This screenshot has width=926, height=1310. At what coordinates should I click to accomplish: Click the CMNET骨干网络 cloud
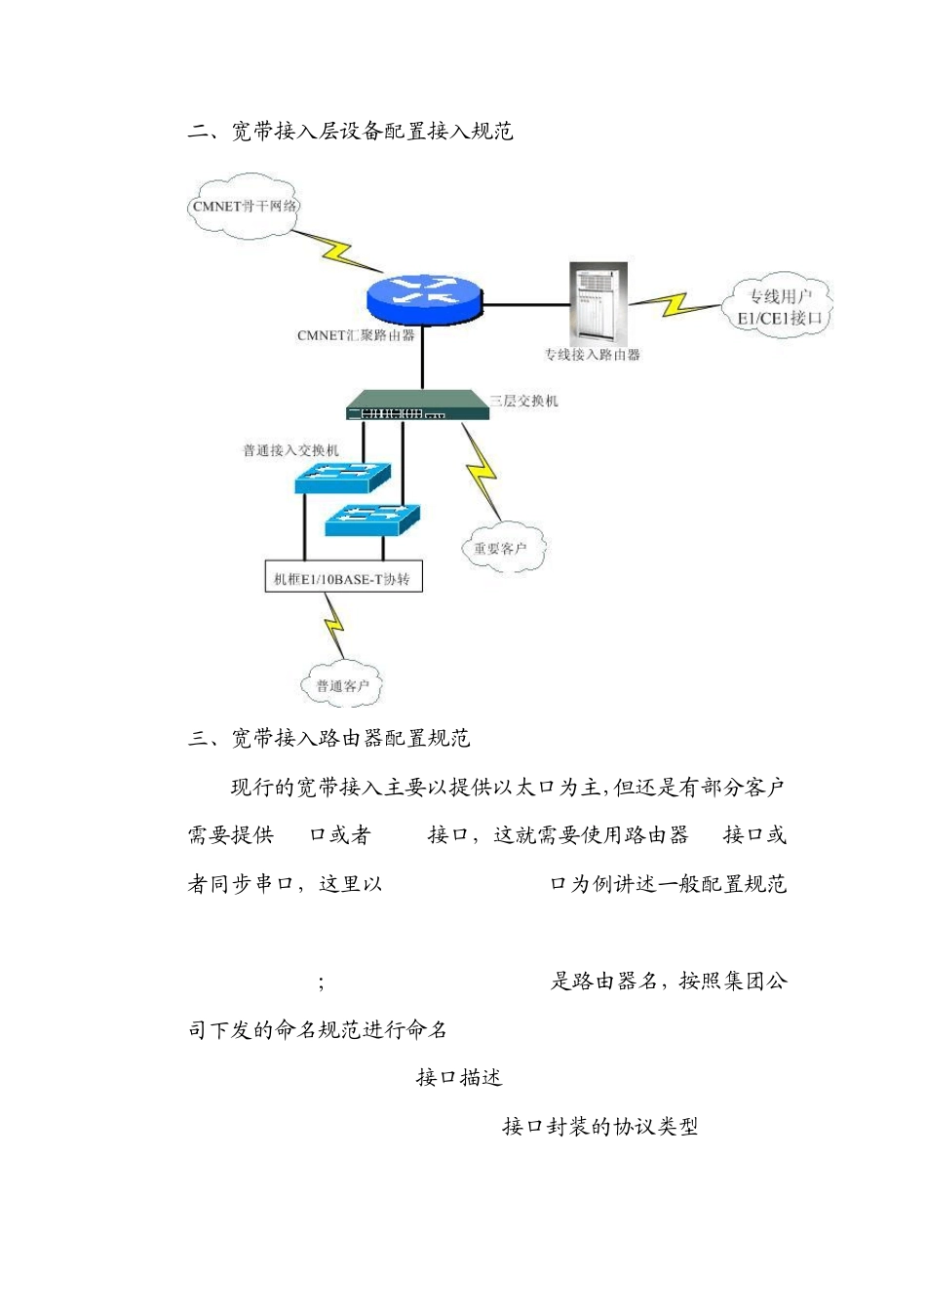(x=244, y=206)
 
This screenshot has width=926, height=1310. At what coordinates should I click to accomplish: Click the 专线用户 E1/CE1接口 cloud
(x=779, y=306)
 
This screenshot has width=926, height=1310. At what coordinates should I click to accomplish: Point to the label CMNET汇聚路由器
(x=356, y=335)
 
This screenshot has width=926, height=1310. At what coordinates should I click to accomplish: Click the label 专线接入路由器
(x=592, y=355)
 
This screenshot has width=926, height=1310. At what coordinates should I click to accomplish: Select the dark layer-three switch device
(x=417, y=405)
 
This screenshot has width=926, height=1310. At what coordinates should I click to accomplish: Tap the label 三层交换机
(x=524, y=401)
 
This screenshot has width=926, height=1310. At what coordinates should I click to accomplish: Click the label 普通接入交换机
(x=290, y=450)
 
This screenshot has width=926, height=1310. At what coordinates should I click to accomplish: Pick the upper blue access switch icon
(x=342, y=477)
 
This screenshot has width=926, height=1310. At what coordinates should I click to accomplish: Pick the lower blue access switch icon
(x=372, y=519)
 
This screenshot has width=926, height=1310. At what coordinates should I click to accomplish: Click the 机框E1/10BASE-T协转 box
(x=343, y=579)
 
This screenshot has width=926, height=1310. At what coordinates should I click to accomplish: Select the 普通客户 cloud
(x=342, y=685)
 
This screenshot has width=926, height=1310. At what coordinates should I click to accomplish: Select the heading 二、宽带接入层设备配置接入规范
(x=351, y=132)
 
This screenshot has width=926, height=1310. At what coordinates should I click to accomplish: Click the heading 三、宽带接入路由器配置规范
(x=329, y=738)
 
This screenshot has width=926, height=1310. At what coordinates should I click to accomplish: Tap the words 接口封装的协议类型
(x=599, y=1127)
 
